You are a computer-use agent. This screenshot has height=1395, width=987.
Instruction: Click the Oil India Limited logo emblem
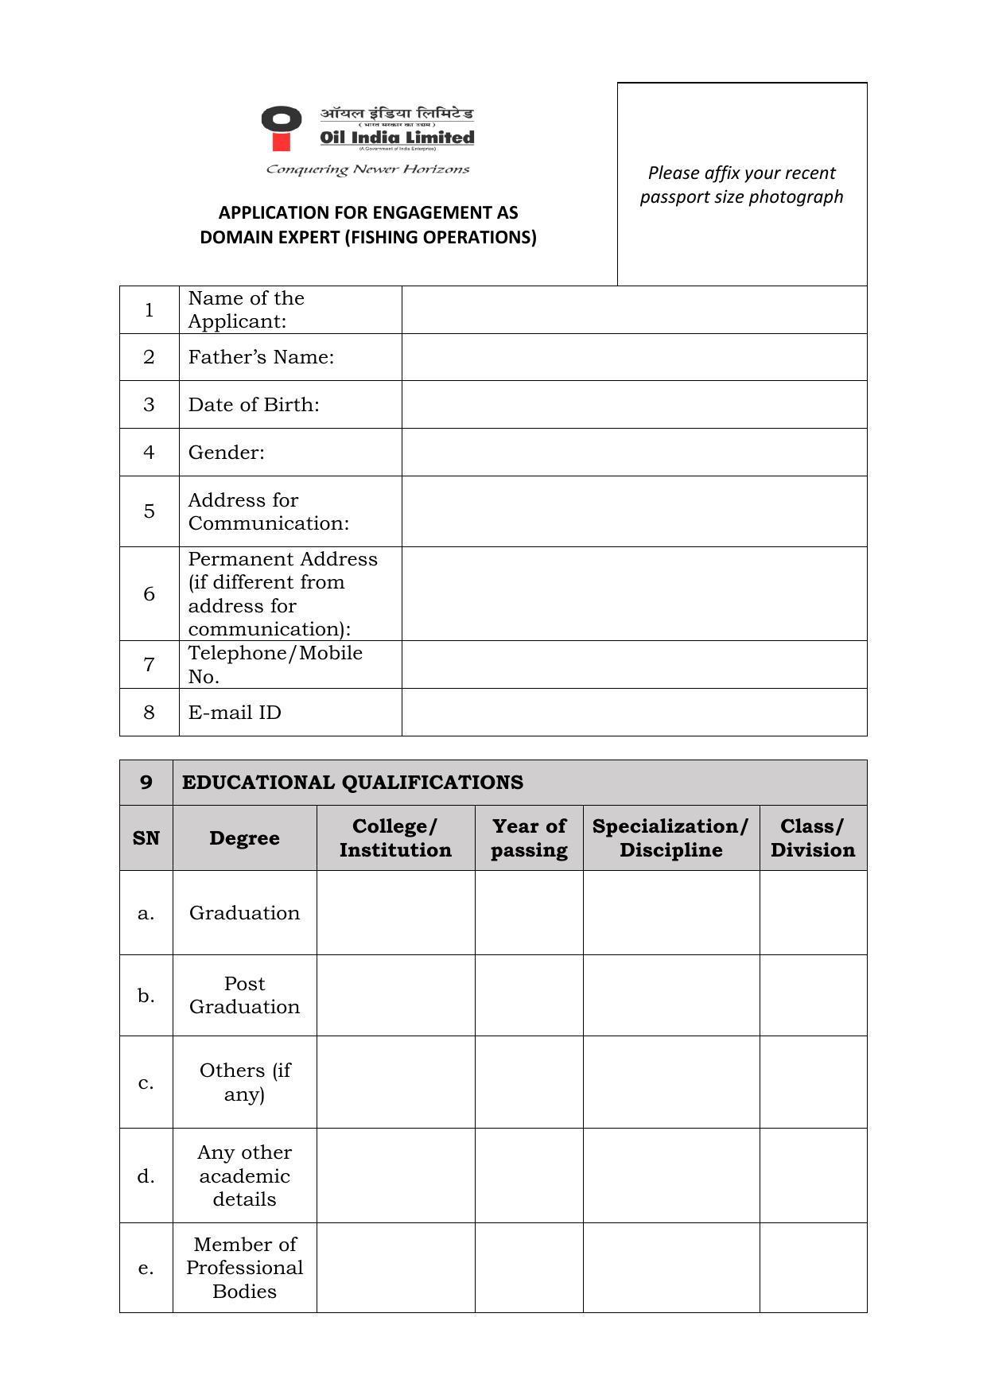point(281,127)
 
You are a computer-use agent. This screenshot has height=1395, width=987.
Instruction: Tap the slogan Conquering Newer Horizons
point(367,169)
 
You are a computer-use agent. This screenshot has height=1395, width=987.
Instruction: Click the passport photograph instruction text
point(741,185)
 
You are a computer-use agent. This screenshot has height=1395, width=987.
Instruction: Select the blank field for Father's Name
point(634,357)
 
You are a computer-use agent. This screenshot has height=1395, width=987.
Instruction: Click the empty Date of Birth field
point(634,405)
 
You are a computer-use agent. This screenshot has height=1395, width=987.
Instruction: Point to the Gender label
point(226,453)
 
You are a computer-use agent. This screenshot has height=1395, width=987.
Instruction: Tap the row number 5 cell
point(149,511)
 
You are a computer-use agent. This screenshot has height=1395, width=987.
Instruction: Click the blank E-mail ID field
point(634,713)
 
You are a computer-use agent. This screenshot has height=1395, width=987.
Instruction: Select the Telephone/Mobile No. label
point(274,665)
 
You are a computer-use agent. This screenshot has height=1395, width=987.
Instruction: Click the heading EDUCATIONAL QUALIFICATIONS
point(352,783)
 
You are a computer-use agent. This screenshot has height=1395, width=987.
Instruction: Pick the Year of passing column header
point(529,838)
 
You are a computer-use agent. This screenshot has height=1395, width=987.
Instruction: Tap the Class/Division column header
point(812,838)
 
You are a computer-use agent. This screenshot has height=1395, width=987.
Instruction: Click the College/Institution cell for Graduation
point(395,913)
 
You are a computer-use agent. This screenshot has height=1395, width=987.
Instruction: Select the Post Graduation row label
point(244,995)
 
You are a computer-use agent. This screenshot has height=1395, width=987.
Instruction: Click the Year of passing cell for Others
point(529,1082)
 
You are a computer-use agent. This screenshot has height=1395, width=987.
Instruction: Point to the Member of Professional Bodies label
point(244,1268)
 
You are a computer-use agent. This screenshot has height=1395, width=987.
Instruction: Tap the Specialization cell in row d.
point(670,1175)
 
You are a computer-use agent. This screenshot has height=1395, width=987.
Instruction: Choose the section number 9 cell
point(146,783)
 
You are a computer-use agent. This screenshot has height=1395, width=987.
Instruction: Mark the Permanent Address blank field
point(634,594)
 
